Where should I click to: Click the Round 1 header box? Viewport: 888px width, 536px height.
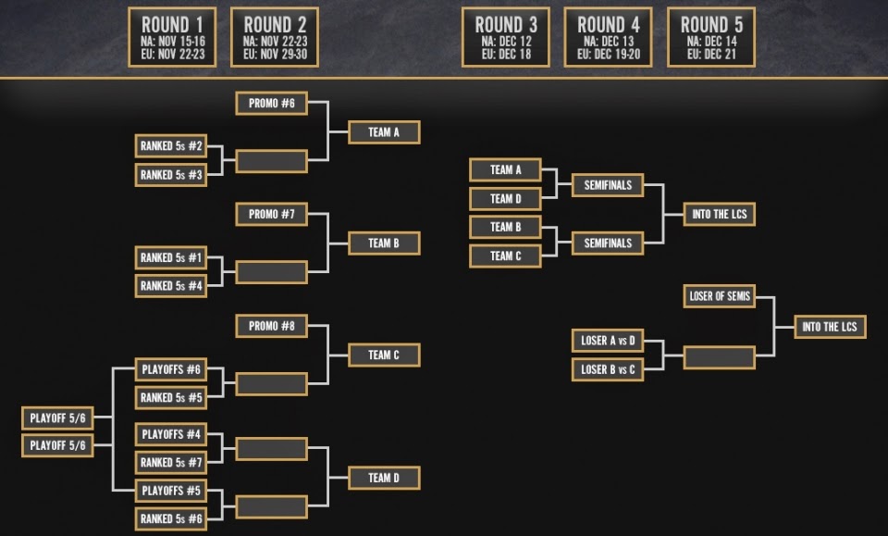coord(172,37)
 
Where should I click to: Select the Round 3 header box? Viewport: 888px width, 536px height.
coord(506,37)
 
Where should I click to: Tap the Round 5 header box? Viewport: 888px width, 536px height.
coord(711,37)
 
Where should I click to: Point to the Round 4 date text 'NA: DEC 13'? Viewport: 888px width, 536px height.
coord(609,42)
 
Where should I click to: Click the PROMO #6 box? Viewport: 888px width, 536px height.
coord(272,103)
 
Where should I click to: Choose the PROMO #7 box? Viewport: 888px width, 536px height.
coord(272,214)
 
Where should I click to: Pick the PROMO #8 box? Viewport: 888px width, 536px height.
coord(272,326)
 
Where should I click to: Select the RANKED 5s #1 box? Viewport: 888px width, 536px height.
coord(171,257)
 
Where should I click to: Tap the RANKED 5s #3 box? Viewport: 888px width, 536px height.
coord(171,175)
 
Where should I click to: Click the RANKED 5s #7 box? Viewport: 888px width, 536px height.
coord(171,462)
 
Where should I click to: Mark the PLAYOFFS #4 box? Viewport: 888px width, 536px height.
coord(171,434)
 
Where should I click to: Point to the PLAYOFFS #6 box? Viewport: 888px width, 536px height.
coord(171,369)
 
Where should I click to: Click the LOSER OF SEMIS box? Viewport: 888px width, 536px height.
coord(720,295)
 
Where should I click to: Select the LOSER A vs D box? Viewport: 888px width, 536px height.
coord(608,341)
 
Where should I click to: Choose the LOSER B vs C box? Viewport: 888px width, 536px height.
coord(608,369)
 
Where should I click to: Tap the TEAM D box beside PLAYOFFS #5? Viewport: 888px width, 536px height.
coord(384,478)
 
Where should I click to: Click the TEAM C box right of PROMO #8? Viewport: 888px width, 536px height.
coord(384,355)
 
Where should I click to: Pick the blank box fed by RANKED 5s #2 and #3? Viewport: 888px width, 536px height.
coord(272,161)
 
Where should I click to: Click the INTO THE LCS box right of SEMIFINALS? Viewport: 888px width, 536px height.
coord(720,214)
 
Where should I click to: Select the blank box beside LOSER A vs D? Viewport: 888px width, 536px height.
coord(720,357)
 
